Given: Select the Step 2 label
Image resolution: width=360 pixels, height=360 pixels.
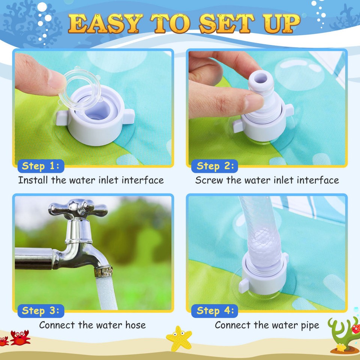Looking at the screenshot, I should click(x=215, y=166).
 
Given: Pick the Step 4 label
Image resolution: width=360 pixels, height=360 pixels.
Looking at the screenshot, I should click(x=215, y=310).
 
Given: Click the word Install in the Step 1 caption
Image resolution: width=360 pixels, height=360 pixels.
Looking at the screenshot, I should click(x=33, y=180).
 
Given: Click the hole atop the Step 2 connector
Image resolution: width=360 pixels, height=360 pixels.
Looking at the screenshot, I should click(x=261, y=79).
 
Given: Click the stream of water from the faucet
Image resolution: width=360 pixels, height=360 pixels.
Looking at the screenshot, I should click(x=106, y=294).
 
